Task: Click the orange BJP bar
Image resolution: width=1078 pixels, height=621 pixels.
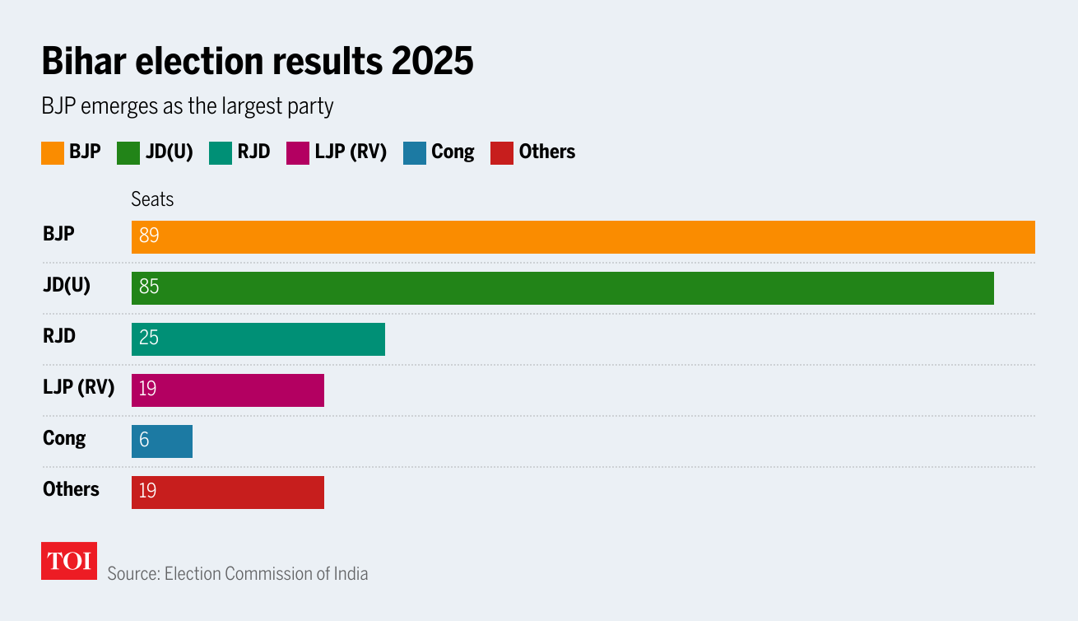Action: pos(583,237)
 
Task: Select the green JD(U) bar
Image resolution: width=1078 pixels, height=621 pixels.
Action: pos(562,288)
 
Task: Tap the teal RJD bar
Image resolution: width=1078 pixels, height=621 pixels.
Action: pos(258,339)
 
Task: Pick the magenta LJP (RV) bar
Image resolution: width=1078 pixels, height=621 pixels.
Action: pos(228,390)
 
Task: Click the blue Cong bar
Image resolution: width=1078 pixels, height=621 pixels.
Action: pos(162,441)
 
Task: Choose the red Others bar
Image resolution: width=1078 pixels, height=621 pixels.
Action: pos(228,493)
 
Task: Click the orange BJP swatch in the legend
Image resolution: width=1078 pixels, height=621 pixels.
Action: pos(53,153)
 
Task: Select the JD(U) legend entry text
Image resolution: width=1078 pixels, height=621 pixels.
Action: pos(169,152)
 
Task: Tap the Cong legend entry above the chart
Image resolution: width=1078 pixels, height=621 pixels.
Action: pos(453,152)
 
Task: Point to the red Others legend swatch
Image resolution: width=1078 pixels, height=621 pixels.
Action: pos(502,153)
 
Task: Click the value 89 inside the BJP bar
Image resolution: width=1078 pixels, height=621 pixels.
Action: pos(149,236)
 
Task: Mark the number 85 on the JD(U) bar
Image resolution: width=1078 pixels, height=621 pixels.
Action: pos(149,287)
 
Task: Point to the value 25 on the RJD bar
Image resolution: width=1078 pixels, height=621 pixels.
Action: pos(149,339)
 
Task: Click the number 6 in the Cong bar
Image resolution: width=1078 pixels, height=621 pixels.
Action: pos(144,441)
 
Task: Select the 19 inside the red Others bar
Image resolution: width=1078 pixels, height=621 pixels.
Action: pos(148,492)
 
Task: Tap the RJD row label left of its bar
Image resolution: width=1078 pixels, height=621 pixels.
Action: pos(59,336)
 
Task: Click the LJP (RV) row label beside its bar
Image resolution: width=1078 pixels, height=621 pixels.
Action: pos(78,387)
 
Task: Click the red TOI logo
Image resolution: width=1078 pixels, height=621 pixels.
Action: pos(69,561)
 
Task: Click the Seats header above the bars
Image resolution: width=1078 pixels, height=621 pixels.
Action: pos(152,200)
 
